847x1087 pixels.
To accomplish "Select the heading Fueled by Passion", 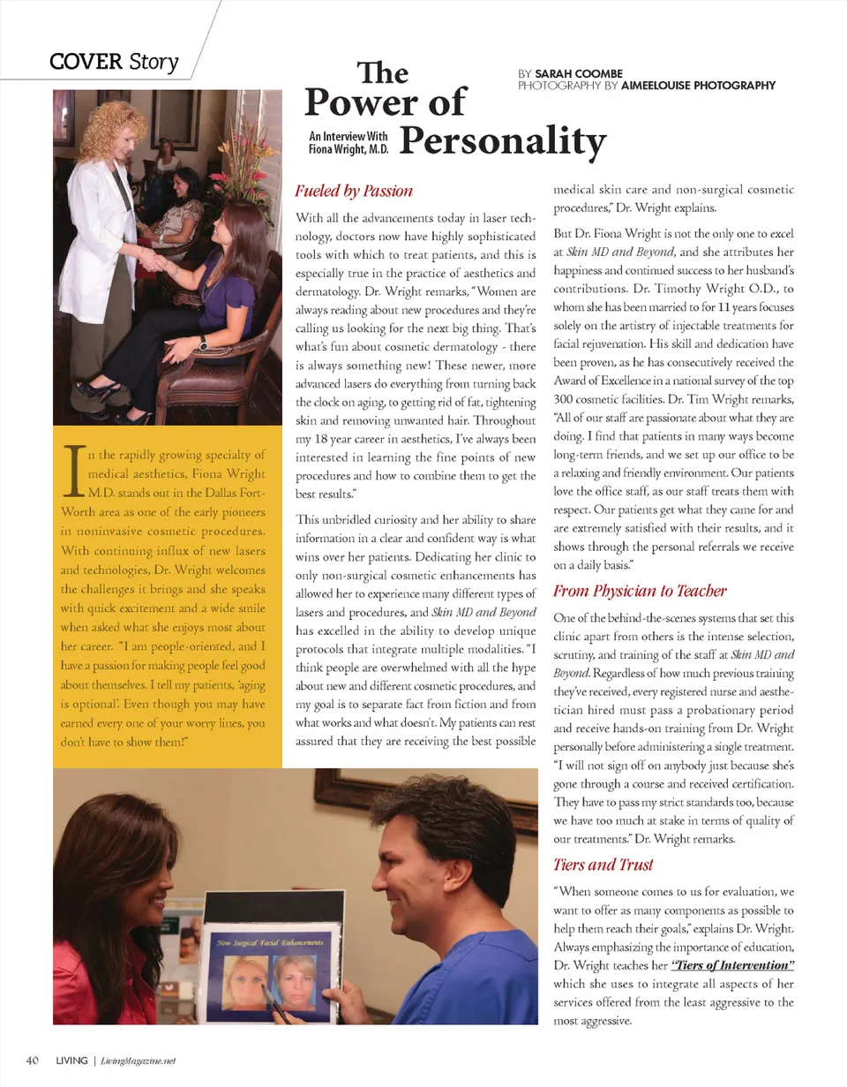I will click(x=353, y=190).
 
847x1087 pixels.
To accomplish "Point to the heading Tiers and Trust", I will click(x=603, y=864).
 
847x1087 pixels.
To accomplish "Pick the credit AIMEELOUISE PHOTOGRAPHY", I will click(x=698, y=86).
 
